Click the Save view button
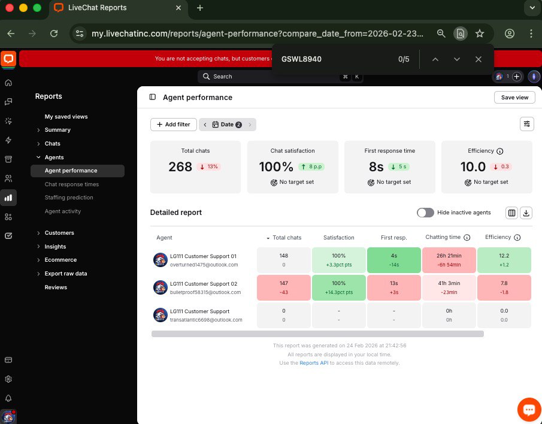[514, 98]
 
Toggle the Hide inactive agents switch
[425, 213]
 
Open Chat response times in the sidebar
[72, 184]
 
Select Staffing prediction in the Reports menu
[69, 198]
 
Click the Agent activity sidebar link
[63, 211]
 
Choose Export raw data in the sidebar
[66, 274]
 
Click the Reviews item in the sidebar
[56, 287]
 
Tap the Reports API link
[314, 363]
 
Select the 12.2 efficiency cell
[504, 260]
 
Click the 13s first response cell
[393, 287]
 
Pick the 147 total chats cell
[283, 287]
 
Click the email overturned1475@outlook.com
[204, 264]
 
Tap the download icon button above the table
[526, 213]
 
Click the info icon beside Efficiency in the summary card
[500, 152]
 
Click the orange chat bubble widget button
[528, 410]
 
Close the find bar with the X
[478, 59]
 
